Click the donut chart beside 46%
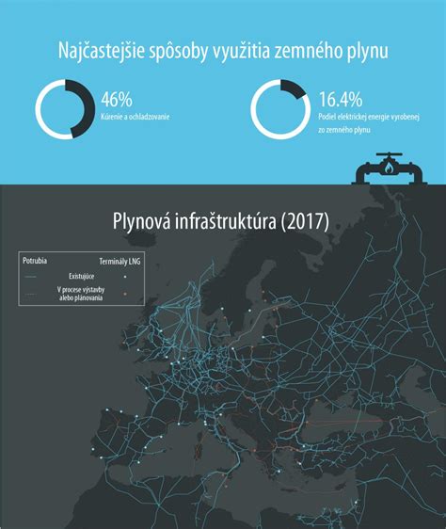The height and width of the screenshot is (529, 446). click(x=66, y=109)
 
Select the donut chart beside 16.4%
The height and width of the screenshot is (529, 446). click(x=281, y=109)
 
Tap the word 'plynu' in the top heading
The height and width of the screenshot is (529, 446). click(x=364, y=50)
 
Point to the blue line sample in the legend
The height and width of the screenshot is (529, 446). click(x=30, y=276)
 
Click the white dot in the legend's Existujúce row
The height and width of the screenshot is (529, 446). click(x=126, y=276)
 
